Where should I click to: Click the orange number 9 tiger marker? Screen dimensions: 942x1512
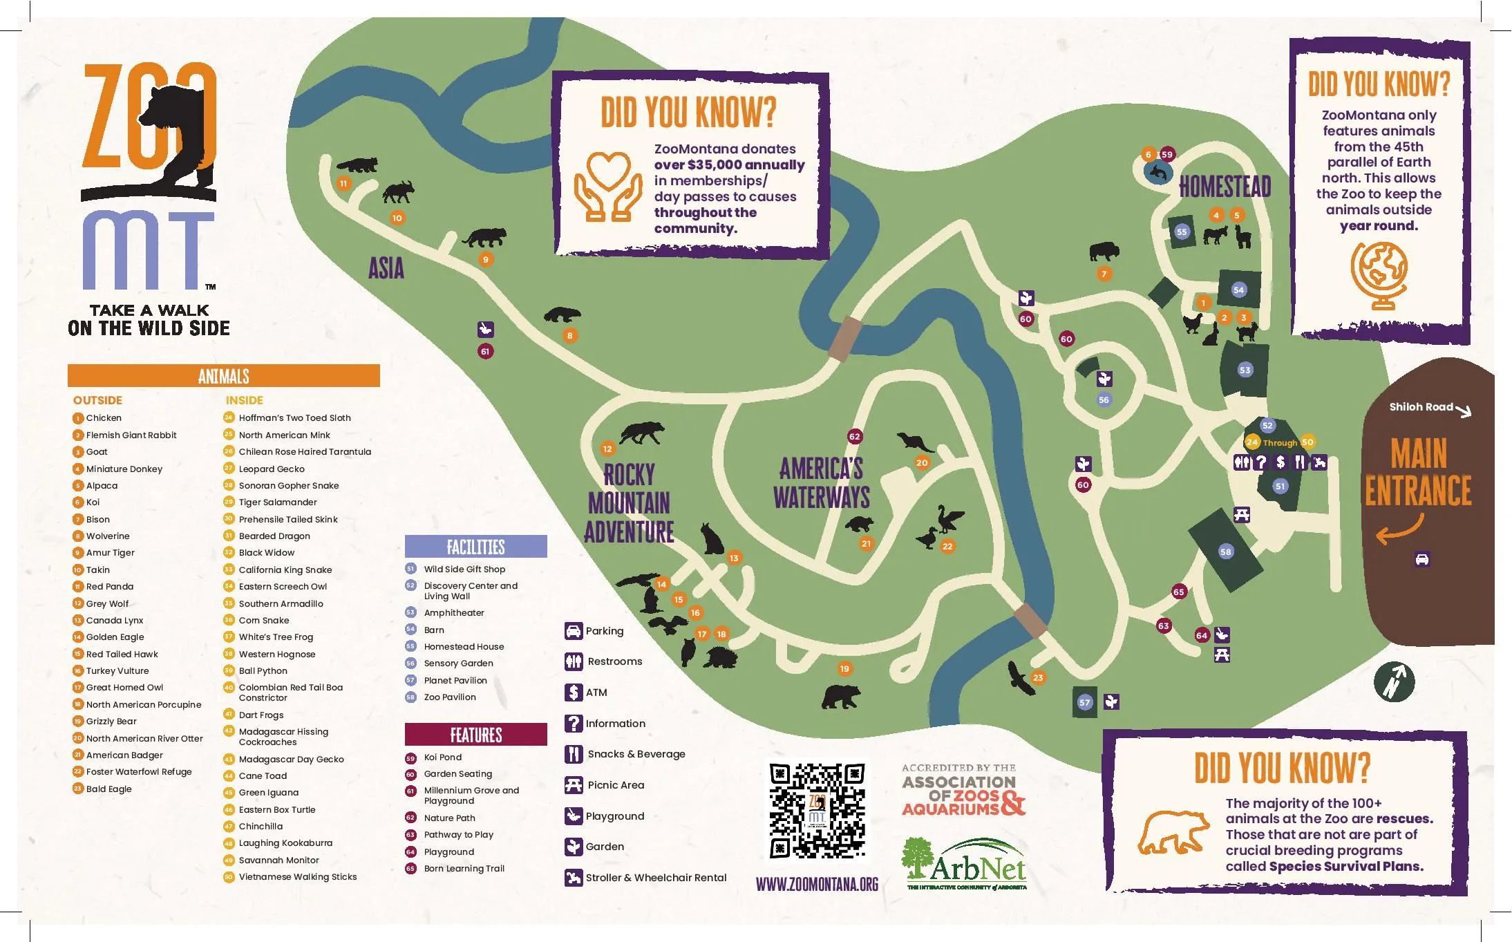(x=486, y=260)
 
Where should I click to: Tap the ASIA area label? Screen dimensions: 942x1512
(x=386, y=269)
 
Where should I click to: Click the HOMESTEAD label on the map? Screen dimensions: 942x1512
(x=1225, y=187)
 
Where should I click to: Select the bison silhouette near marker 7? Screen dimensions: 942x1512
(x=1104, y=252)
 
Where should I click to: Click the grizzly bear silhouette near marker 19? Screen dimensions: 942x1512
(x=841, y=697)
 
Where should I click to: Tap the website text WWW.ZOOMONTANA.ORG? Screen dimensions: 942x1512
(x=817, y=885)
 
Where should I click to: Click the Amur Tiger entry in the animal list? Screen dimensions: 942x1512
(x=111, y=553)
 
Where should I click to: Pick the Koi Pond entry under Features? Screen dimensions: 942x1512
(x=442, y=757)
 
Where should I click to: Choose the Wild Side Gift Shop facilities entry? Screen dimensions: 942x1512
(x=464, y=569)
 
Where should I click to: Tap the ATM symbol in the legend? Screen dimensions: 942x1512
(x=574, y=692)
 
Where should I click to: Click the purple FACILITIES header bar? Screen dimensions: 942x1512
(x=475, y=547)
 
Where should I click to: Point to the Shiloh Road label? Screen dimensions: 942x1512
(x=1421, y=407)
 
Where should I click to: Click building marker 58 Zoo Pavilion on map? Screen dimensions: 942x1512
(x=1225, y=552)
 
